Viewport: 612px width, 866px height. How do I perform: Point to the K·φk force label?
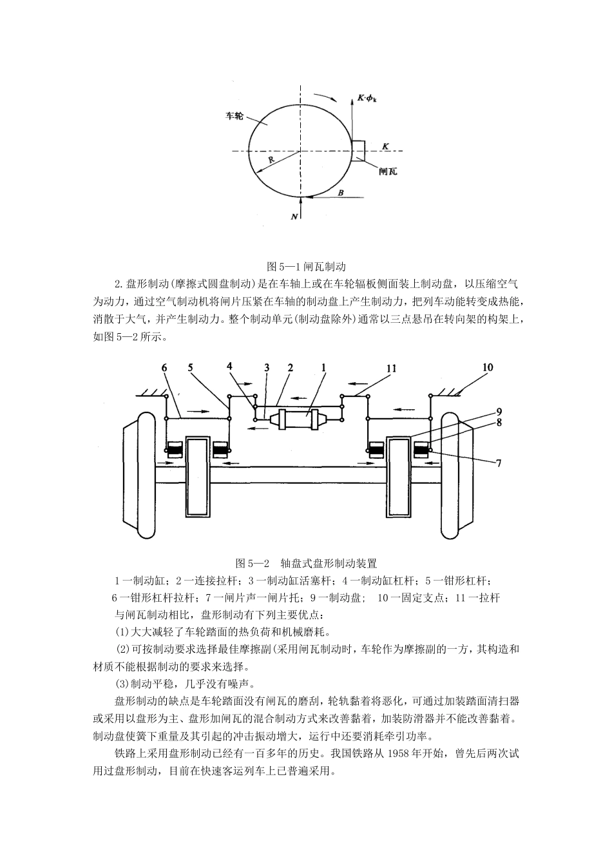coord(367,99)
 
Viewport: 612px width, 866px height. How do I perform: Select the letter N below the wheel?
coord(294,217)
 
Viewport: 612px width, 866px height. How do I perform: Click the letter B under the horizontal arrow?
coord(341,192)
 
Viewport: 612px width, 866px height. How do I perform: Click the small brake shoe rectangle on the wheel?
coord(359,150)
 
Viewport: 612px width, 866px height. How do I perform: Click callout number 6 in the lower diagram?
coord(164,368)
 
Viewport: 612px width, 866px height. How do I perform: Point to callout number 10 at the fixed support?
coord(487,368)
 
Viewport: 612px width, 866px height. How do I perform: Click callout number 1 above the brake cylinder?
coord(323,368)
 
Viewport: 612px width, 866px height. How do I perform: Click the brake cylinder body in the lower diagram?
coord(296,421)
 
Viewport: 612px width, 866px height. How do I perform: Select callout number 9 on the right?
coord(499,410)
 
